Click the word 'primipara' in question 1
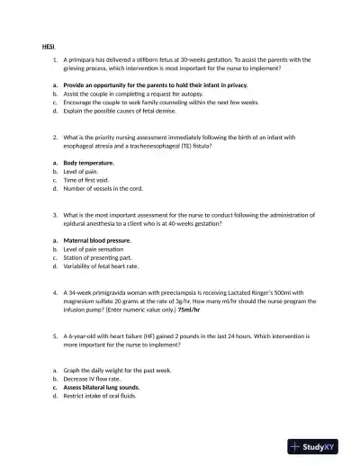84,58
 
